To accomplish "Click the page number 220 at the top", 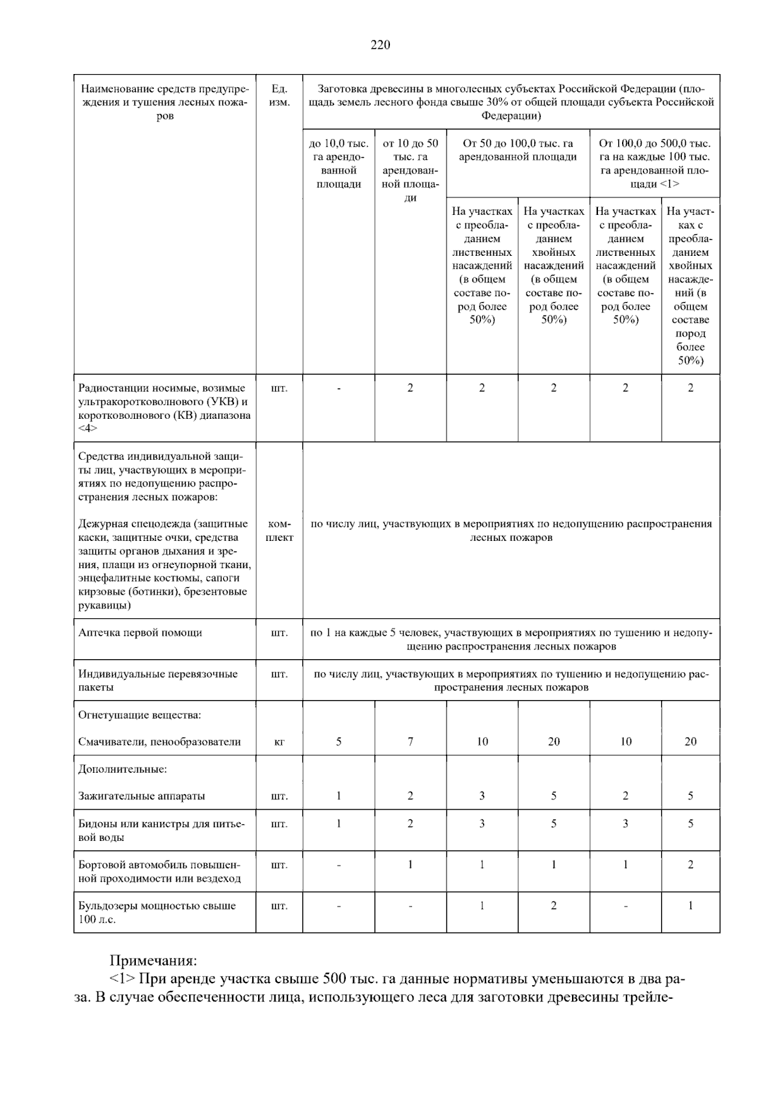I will coord(380,45).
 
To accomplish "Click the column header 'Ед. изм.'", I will coord(279,95).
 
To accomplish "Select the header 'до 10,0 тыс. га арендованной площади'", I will coord(339,164).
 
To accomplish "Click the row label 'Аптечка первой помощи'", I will coord(140,632).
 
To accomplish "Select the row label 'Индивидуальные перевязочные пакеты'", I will coord(158,681).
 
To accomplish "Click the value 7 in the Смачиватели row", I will coord(410,742).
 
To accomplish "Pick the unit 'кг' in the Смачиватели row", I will coord(279,742).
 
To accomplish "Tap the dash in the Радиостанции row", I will coord(339,388).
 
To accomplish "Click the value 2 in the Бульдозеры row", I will coord(554,905).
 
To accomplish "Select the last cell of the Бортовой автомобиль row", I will coord(690,864).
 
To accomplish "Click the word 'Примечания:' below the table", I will coord(153,960).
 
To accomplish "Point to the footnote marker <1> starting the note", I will coord(123,979).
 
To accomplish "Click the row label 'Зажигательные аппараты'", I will coord(142,795).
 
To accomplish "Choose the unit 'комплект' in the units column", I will coord(279,531).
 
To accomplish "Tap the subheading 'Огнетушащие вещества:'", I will coord(140,715).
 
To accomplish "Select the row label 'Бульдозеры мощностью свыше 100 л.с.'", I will coord(157,912).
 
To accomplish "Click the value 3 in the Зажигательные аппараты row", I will coord(482,795).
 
